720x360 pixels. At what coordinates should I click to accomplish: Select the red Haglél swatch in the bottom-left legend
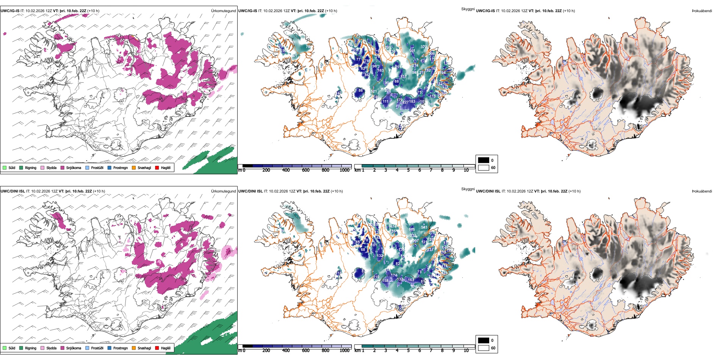[x=157, y=348]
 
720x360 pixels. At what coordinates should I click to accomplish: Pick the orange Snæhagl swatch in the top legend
[x=134, y=167]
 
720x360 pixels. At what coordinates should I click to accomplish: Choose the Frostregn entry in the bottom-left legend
[x=120, y=348]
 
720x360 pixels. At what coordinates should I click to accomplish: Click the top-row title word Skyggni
[x=468, y=9]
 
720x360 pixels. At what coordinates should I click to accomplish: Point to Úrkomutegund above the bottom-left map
[x=223, y=191]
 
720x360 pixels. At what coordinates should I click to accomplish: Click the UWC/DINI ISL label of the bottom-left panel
[x=13, y=191]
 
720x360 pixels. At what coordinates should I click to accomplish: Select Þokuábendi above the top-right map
[x=702, y=11]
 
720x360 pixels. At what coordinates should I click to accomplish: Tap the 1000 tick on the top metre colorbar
[x=344, y=170]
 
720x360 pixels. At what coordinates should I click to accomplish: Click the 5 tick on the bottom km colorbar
[x=408, y=351]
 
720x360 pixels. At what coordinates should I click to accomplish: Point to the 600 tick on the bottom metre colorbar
[x=305, y=351]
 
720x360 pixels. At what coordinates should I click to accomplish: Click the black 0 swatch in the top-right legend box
[x=484, y=160]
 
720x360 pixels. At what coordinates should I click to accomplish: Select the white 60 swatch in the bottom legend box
[x=484, y=348]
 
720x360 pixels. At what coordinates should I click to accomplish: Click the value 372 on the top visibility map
[x=424, y=47]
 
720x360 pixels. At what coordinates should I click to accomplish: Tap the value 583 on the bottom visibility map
[x=424, y=227]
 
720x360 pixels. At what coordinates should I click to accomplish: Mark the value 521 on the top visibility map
[x=374, y=91]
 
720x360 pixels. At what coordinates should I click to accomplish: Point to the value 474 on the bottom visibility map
[x=394, y=227]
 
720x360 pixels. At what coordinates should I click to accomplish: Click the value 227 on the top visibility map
[x=405, y=102]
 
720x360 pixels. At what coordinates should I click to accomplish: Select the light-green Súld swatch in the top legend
[x=5, y=167]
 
